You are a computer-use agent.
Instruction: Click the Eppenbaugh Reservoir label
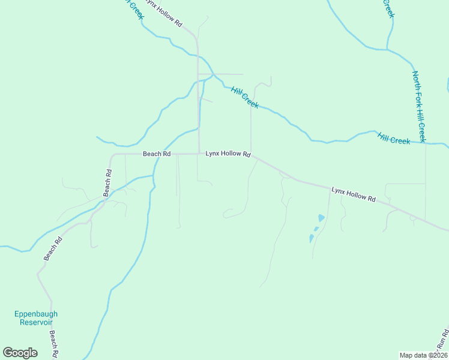(x=36, y=318)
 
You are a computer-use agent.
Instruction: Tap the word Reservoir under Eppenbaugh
(x=36, y=322)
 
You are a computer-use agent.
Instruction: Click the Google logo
(x=20, y=353)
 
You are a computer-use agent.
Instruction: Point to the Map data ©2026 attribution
(x=423, y=355)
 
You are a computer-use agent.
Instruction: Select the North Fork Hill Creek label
(x=419, y=106)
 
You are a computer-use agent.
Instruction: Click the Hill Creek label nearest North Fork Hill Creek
(x=394, y=138)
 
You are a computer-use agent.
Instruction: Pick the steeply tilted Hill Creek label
(x=245, y=97)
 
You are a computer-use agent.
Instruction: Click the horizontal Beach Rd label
(x=157, y=154)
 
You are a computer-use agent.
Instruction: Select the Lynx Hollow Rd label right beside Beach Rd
(x=228, y=154)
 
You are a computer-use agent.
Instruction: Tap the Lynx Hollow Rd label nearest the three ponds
(x=353, y=194)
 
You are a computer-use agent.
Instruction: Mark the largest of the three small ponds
(x=321, y=218)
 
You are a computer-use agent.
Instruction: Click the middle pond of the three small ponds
(x=316, y=229)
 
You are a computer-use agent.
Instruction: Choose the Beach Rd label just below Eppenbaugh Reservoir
(x=53, y=343)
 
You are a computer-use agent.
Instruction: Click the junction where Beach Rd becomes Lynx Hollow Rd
(x=199, y=154)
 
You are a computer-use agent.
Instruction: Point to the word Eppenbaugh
(x=36, y=314)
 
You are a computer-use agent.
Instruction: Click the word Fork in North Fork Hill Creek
(x=418, y=100)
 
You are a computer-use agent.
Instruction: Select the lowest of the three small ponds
(x=311, y=238)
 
